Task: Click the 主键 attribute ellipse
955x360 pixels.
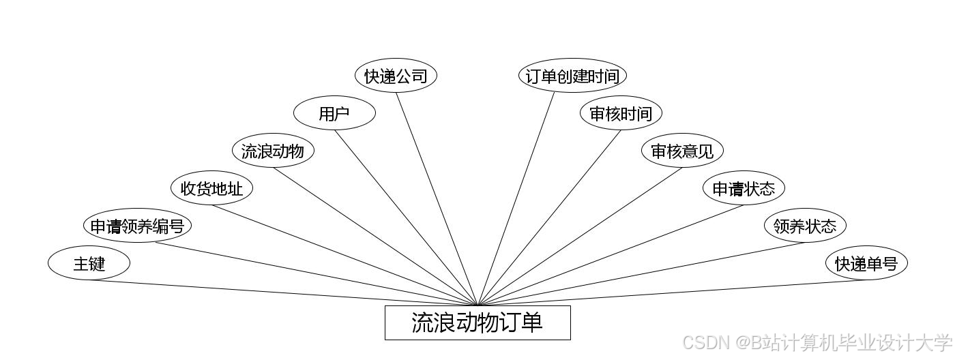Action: (x=89, y=263)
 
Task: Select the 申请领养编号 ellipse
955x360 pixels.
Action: (x=137, y=226)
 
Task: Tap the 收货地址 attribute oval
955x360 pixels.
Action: (x=211, y=188)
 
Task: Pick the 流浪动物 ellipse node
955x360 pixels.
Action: (x=273, y=151)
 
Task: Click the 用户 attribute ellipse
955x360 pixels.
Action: (x=334, y=113)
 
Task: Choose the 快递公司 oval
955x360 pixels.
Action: (x=396, y=76)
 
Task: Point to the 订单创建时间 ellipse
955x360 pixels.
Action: (x=572, y=76)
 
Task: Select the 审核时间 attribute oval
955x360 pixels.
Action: (x=621, y=113)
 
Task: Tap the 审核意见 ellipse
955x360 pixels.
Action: (x=682, y=151)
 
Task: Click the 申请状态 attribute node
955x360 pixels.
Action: (x=744, y=188)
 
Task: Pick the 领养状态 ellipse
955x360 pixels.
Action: (x=805, y=226)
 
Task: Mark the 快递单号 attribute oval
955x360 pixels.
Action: (x=866, y=263)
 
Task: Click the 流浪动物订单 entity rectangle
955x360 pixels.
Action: (x=477, y=322)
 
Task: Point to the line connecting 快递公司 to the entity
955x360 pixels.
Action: (x=437, y=199)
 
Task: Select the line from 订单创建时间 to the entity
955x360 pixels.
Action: (x=516, y=199)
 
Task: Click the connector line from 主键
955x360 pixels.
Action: (x=283, y=293)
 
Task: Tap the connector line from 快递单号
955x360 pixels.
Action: (x=672, y=293)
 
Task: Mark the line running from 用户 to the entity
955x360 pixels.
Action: (x=406, y=217)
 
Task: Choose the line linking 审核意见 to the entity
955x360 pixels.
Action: (x=580, y=236)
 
